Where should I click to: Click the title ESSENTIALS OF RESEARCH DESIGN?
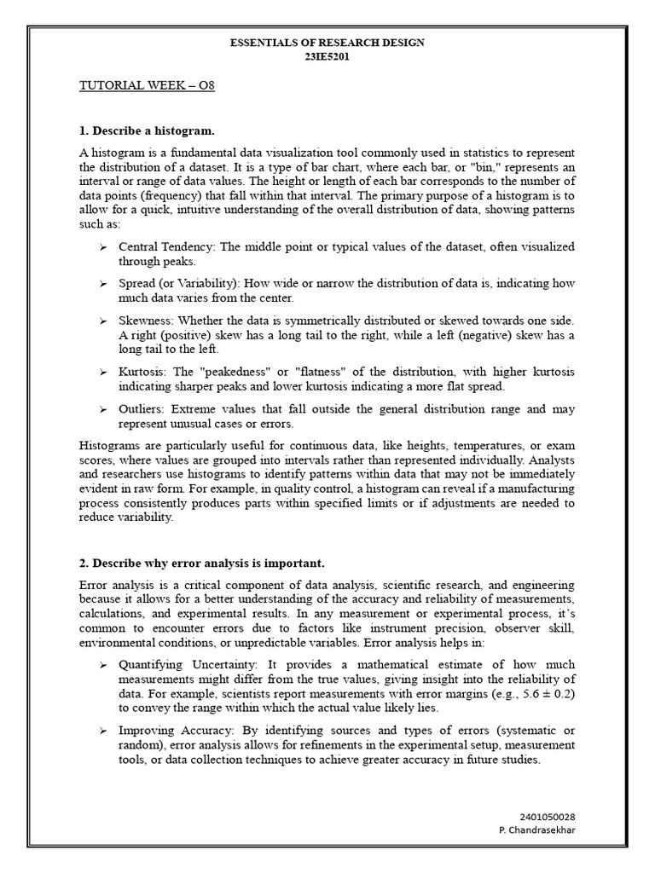click(327, 43)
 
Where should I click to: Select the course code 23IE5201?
click(327, 57)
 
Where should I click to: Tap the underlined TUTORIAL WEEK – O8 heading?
click(141, 86)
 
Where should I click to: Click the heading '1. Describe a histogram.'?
click(146, 130)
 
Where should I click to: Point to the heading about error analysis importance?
click(201, 564)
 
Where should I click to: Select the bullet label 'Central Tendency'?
click(167, 246)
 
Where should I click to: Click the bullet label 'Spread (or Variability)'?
click(179, 283)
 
